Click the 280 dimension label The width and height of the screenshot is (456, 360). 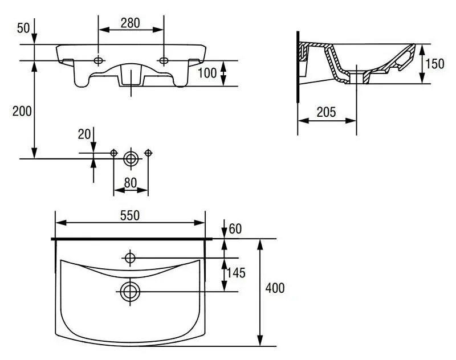131,23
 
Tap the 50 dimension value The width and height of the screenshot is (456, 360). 23,28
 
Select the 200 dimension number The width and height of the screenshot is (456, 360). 22,111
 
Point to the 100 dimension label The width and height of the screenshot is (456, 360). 207,73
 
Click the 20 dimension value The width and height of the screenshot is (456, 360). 84,134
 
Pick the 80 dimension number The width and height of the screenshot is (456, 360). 131,183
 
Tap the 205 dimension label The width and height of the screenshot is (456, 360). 326,112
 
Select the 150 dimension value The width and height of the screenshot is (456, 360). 435,64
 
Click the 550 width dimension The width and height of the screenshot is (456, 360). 130,215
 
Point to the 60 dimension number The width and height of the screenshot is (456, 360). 235,229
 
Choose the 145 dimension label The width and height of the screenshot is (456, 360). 236,273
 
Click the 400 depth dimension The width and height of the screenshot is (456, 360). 275,288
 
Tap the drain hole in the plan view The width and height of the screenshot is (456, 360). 130,292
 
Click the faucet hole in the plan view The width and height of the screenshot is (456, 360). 130,257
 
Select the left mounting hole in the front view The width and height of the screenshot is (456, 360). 98,60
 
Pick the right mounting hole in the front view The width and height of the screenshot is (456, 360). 164,60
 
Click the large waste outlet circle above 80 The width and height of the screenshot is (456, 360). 131,159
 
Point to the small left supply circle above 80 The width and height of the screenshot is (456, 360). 113,153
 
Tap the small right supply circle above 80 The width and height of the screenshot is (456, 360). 148,153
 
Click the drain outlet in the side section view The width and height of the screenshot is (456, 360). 357,78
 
